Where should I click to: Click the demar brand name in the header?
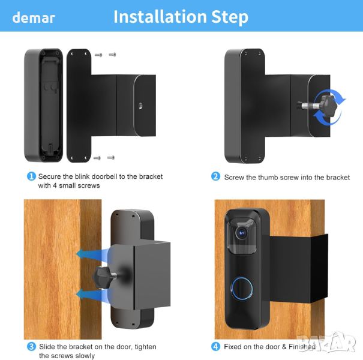click(x=34, y=17)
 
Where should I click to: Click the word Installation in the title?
click(x=160, y=16)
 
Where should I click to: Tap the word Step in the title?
click(x=230, y=17)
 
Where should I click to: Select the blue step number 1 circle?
click(x=31, y=176)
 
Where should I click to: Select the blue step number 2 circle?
click(x=215, y=176)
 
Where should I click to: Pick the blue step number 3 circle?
click(x=31, y=347)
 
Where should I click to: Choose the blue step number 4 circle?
click(x=215, y=347)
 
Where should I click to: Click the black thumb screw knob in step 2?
click(x=326, y=106)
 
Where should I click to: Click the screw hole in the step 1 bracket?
click(x=140, y=106)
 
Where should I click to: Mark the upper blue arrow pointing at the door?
click(x=92, y=254)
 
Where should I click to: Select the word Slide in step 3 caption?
click(x=47, y=347)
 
